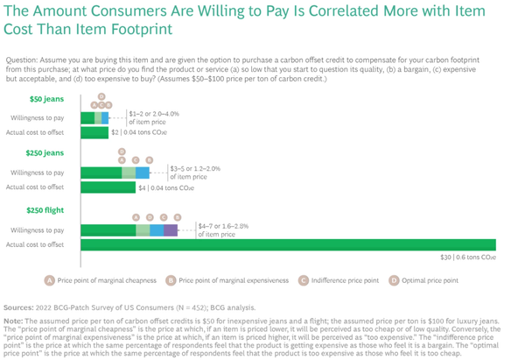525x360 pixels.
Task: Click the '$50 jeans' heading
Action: click(40, 99)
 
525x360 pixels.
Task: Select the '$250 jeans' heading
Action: click(42, 152)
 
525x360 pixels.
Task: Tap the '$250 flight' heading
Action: click(43, 210)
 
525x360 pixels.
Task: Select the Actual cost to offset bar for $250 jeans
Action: click(108, 187)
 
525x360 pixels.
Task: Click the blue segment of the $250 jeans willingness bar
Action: click(143, 173)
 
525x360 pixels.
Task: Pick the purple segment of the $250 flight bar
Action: click(171, 230)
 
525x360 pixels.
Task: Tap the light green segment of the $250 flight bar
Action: click(143, 230)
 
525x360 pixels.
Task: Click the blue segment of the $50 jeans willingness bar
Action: click(105, 116)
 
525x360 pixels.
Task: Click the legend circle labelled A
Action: click(50, 280)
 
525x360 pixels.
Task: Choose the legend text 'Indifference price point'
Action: click(345, 280)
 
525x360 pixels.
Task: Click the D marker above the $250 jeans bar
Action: click(122, 151)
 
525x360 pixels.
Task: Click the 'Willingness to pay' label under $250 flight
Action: click(37, 230)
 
